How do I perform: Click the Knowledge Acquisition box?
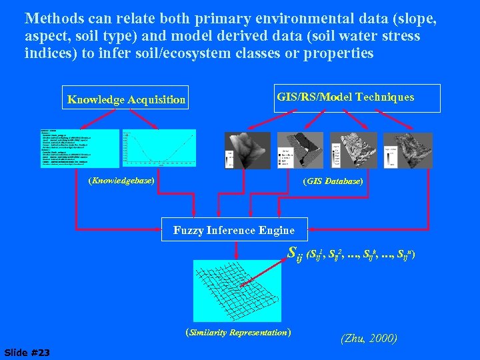pos(127,99)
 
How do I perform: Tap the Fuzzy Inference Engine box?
pos(234,230)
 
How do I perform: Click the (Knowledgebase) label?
pos(121,181)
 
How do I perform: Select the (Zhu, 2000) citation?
pos(369,339)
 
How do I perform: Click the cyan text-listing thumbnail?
pos(80,149)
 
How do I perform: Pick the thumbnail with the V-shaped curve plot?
pos(159,148)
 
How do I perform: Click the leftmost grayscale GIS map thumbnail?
pos(248,150)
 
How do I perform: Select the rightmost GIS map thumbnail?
pos(408,150)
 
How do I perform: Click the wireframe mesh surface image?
pos(233,291)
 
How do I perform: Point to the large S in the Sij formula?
pos(291,253)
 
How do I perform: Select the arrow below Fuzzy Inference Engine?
pos(235,249)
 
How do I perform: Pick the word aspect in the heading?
pos(45,36)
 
